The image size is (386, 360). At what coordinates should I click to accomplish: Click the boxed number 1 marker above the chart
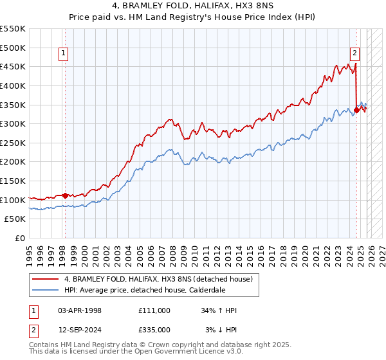pyautogui.click(x=64, y=54)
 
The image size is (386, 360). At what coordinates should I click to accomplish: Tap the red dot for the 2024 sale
pyautogui.click(x=356, y=110)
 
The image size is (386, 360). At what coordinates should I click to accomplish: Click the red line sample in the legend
pyautogui.click(x=46, y=279)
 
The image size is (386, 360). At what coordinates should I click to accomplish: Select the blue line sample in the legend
pyautogui.click(x=46, y=289)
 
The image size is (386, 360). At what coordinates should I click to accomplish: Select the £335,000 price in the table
pyautogui.click(x=154, y=328)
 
